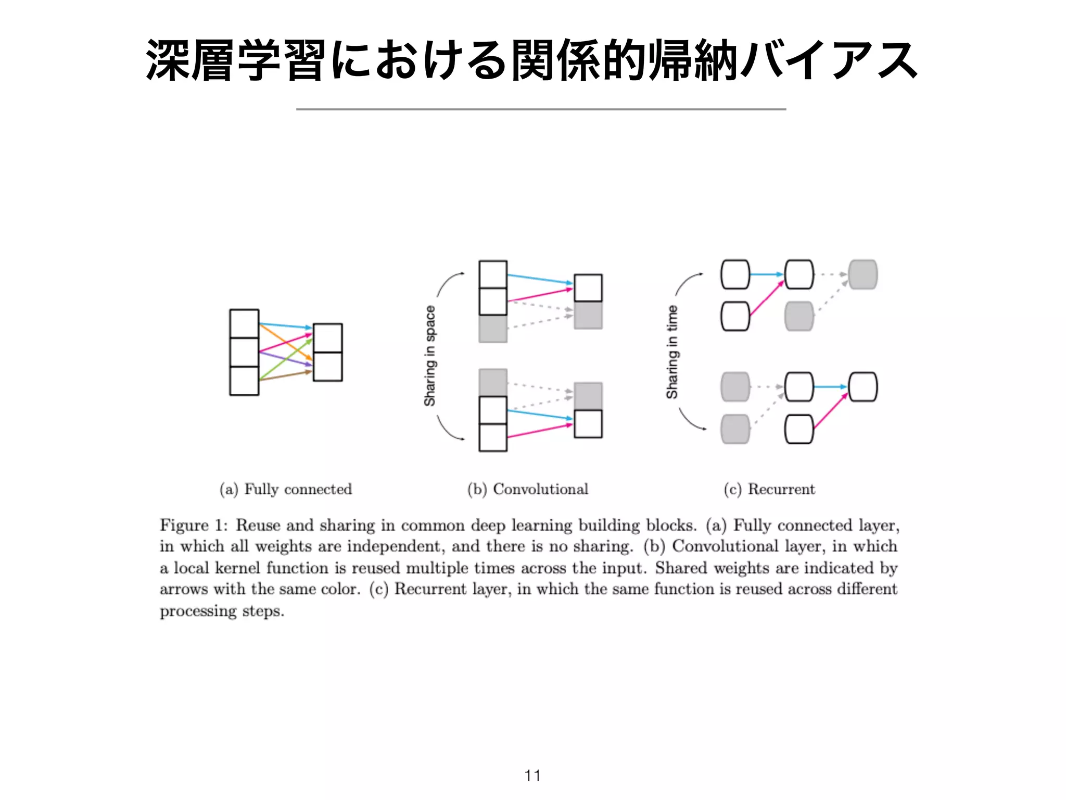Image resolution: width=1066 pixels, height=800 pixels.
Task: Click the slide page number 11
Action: pyautogui.click(x=532, y=776)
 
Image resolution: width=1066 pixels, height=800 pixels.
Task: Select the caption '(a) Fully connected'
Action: pyautogui.click(x=285, y=489)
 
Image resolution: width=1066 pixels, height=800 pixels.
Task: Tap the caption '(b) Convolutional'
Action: pyautogui.click(x=527, y=489)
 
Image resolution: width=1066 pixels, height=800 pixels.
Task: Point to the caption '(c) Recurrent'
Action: pyautogui.click(x=769, y=489)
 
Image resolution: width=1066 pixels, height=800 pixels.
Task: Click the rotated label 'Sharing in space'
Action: pyautogui.click(x=430, y=356)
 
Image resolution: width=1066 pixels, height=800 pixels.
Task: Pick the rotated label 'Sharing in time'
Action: pyautogui.click(x=672, y=352)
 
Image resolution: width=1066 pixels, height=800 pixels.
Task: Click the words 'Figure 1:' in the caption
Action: pyautogui.click(x=193, y=525)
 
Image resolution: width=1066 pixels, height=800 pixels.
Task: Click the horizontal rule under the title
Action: pyautogui.click(x=541, y=109)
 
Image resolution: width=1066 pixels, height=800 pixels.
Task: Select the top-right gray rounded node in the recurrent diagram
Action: pyautogui.click(x=862, y=274)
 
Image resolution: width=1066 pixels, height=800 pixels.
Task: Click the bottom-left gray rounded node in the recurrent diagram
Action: pyautogui.click(x=735, y=429)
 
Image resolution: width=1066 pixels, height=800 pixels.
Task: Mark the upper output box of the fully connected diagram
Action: pyautogui.click(x=327, y=338)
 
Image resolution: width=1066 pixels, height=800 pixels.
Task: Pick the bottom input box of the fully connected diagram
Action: pyautogui.click(x=244, y=381)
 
